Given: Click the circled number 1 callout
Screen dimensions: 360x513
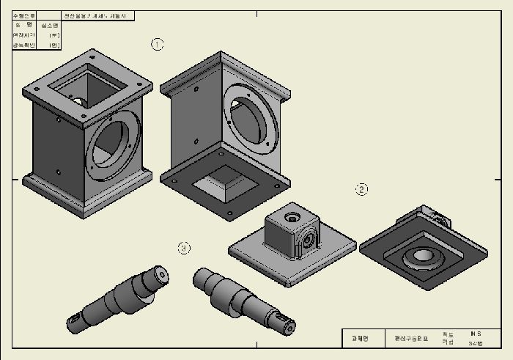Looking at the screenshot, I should click(157, 44).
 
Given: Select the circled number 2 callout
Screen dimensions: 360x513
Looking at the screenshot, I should click(361, 189).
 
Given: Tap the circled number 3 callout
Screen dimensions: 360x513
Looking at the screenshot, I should click(184, 248).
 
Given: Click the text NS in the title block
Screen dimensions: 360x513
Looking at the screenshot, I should click(476, 334).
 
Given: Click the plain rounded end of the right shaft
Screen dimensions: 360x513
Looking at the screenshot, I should click(199, 278).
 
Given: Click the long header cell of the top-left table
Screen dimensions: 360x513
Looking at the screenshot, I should click(97, 15).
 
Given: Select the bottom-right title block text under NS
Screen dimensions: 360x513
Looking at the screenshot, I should click(476, 342).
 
